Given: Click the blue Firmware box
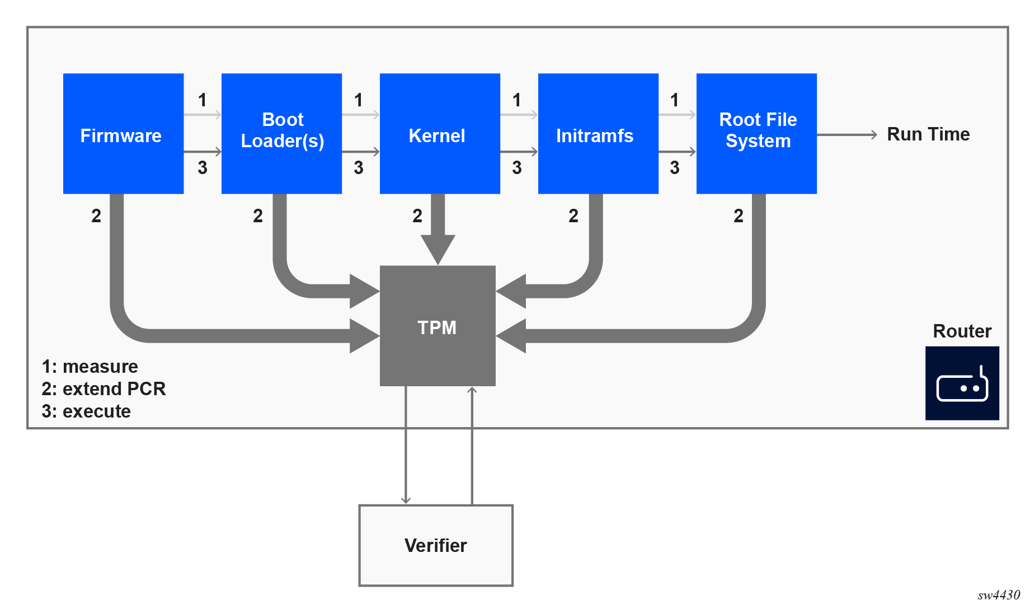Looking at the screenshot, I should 123,134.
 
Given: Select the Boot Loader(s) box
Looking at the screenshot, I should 281,134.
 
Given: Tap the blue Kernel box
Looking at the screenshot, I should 440,134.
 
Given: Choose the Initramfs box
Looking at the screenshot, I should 598,134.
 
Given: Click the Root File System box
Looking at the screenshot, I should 756,134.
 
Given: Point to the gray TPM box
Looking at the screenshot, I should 438,326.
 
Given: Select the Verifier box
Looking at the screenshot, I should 436,545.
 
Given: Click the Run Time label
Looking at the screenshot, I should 928,134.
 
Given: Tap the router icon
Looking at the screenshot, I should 962,383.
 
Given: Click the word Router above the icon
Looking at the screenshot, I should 962,331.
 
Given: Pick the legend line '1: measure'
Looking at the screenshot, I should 90,367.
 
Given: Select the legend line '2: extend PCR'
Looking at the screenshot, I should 104,389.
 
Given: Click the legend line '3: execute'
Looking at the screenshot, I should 86,411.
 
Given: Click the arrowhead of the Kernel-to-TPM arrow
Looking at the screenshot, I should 438,249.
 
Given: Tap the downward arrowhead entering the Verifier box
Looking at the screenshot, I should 406,500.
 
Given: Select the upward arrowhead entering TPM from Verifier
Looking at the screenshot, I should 472,390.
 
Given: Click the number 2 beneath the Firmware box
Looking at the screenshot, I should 96,216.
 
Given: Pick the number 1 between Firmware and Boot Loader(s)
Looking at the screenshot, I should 203,100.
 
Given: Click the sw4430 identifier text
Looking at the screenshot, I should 999,595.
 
